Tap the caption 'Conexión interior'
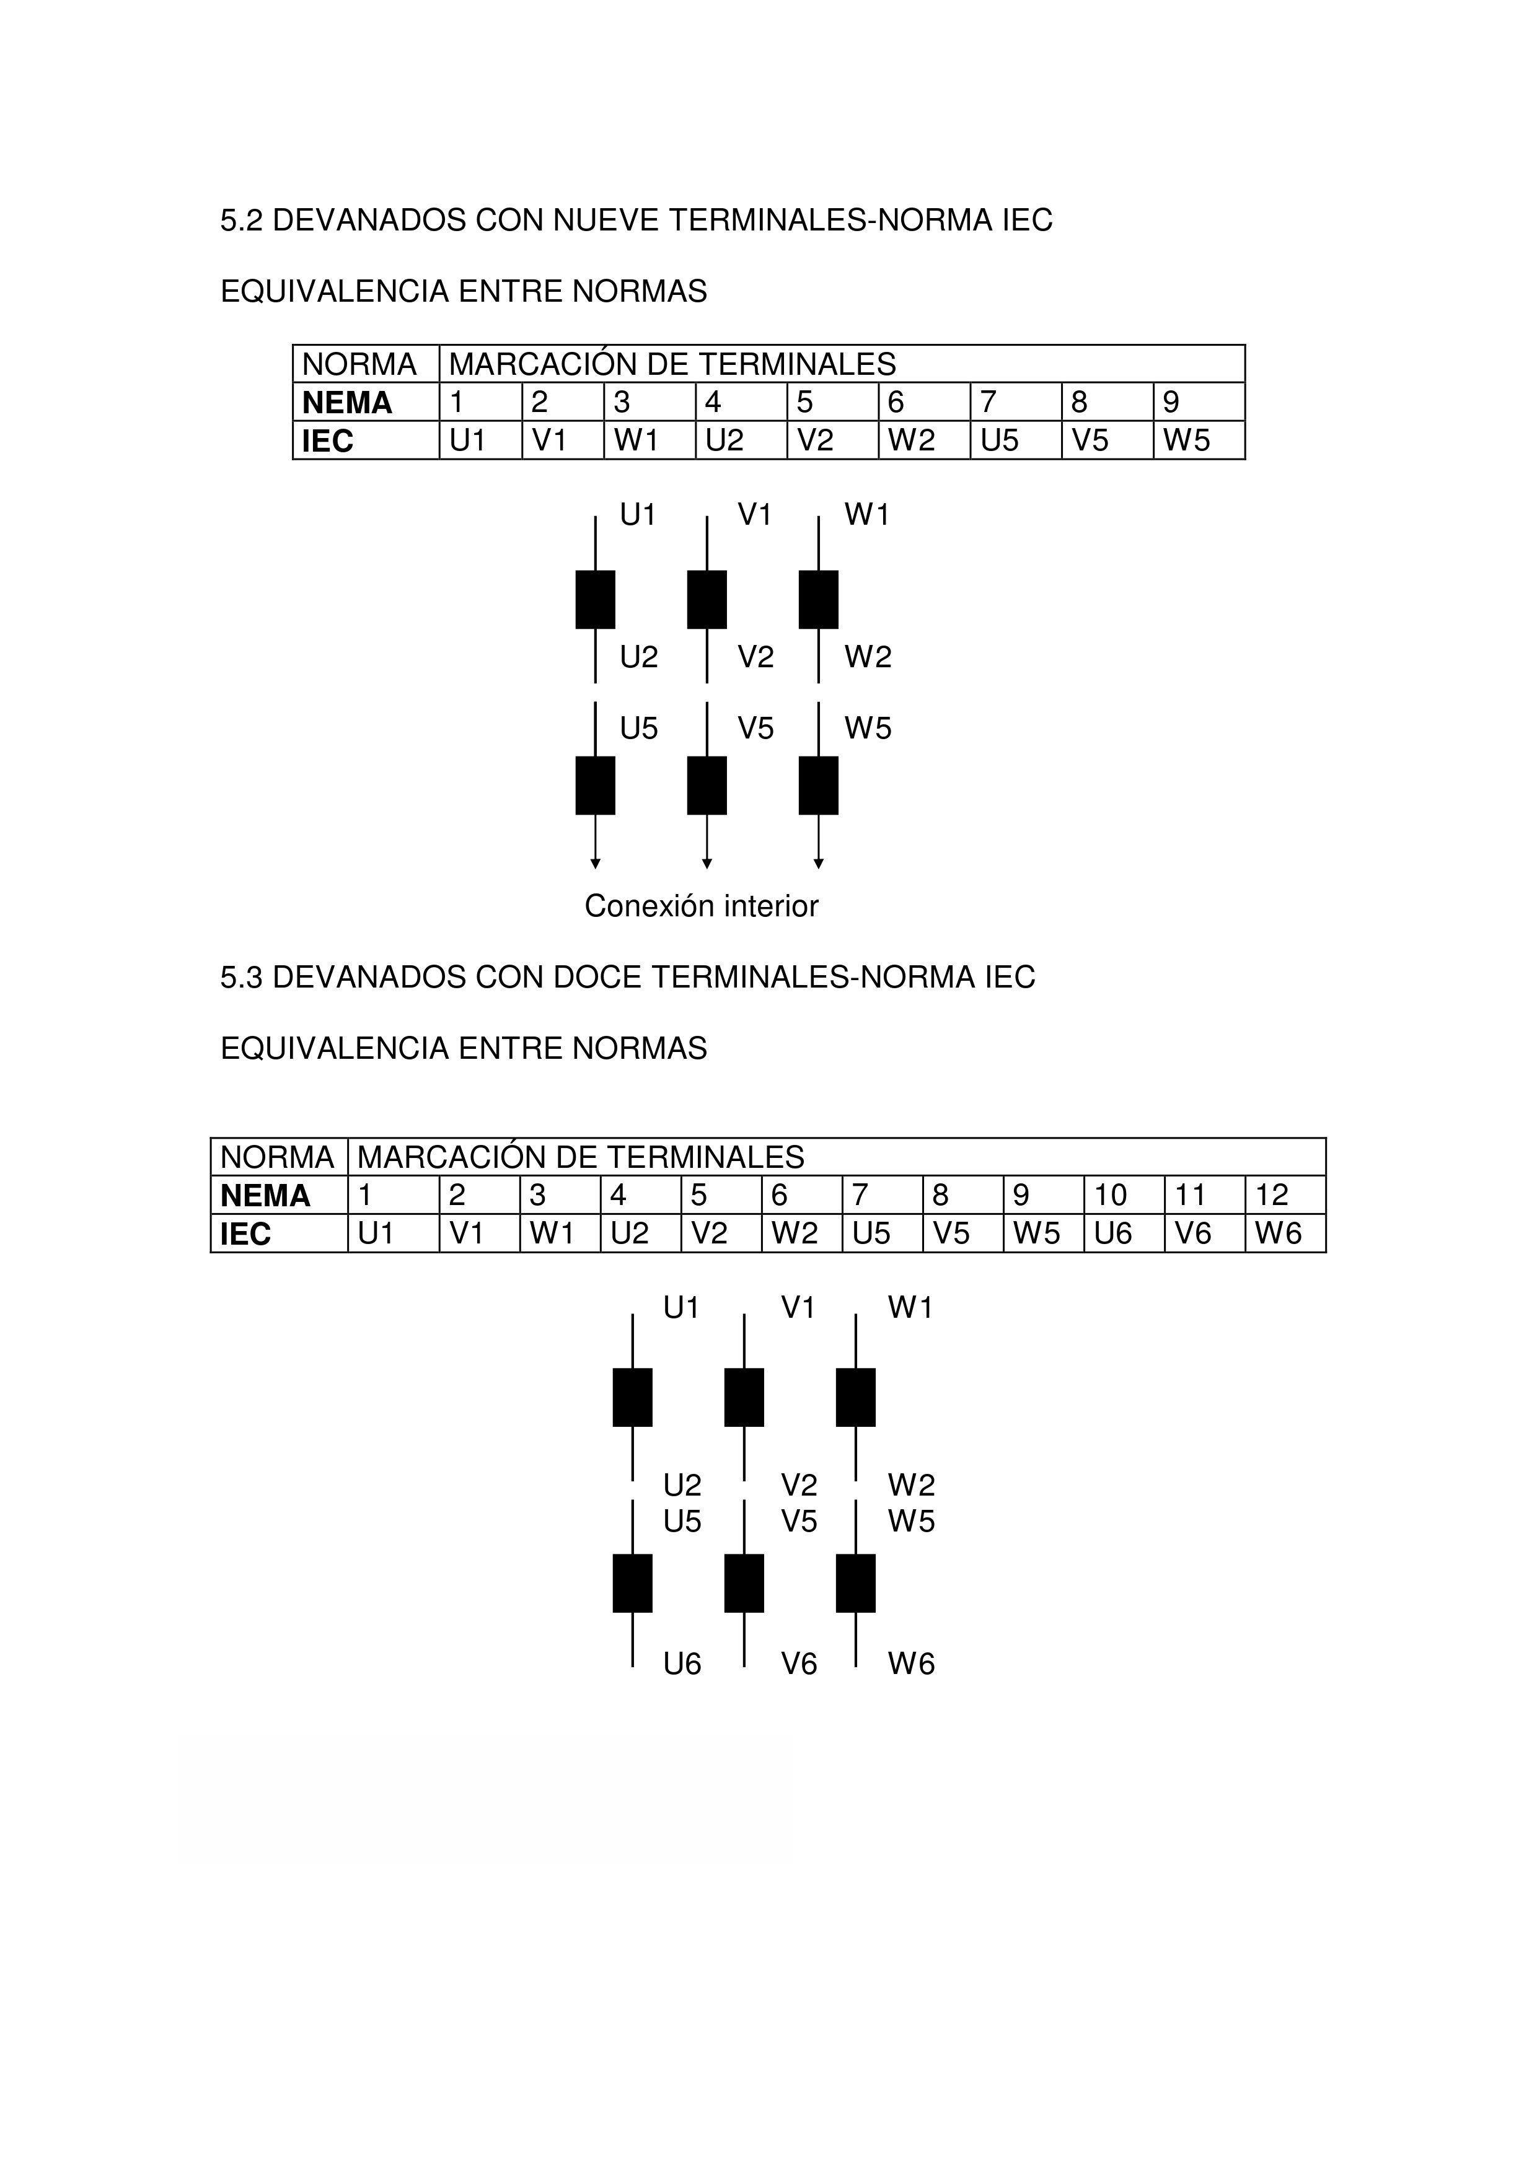701,906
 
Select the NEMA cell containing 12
1285,1195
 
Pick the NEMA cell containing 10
1124,1195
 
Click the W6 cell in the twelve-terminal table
1285,1234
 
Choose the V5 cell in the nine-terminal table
1107,440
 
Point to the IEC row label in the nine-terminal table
366,440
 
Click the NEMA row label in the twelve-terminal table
280,1195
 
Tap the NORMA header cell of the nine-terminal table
366,364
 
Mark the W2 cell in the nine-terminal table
924,440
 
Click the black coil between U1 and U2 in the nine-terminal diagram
595,599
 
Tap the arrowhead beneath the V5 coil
707,864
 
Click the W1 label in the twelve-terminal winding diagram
911,1308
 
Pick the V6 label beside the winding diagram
799,1663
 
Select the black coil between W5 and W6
855,1582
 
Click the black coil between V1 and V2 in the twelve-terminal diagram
744,1396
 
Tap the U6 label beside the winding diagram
682,1663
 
